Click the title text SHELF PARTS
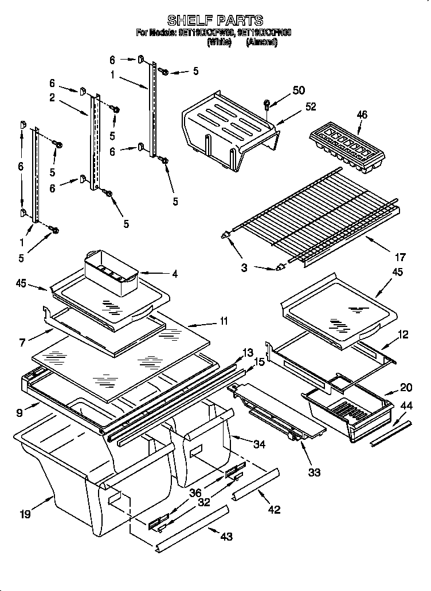tap(215, 21)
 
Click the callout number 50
tap(299, 90)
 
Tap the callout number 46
tap(362, 115)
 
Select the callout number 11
tap(224, 321)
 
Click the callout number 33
tap(314, 472)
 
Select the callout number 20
tap(406, 387)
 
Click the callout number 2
tap(52, 98)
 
